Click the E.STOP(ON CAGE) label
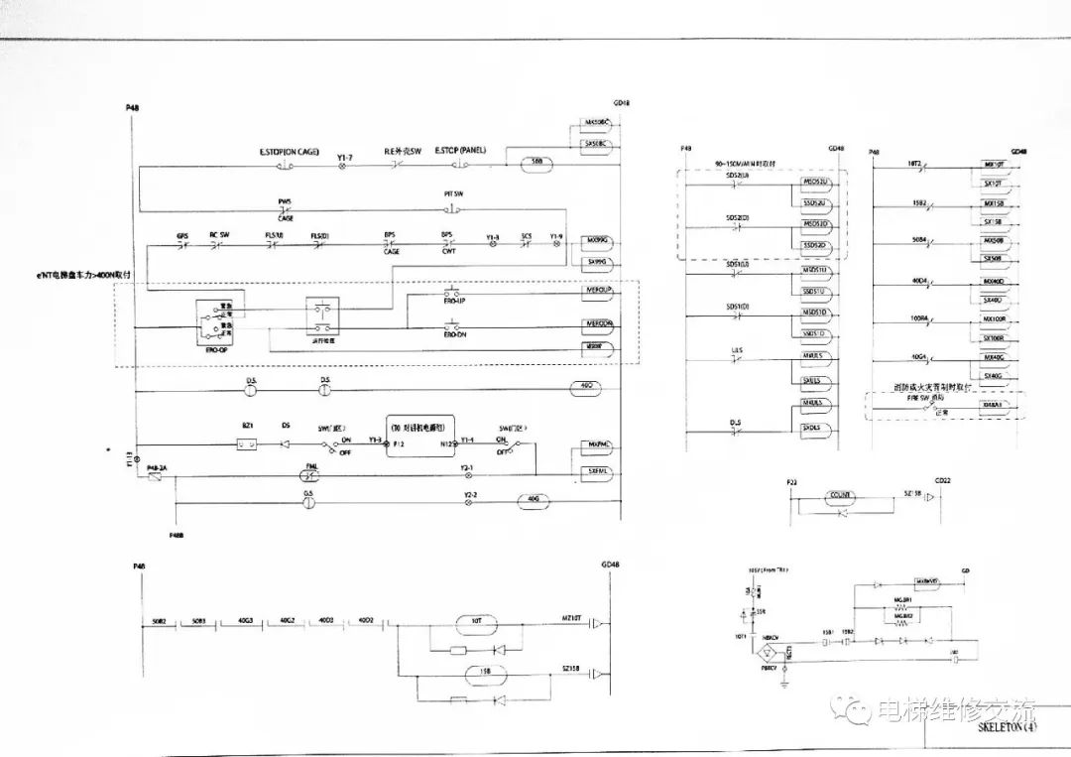coord(289,152)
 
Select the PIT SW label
coord(453,195)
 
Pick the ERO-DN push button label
coord(455,334)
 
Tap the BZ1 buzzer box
coord(248,444)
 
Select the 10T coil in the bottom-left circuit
coord(477,623)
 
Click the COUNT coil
coord(842,493)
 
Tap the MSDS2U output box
coord(817,185)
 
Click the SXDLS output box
coord(817,428)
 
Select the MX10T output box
coord(994,165)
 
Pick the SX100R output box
coord(994,337)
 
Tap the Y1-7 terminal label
coord(345,156)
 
